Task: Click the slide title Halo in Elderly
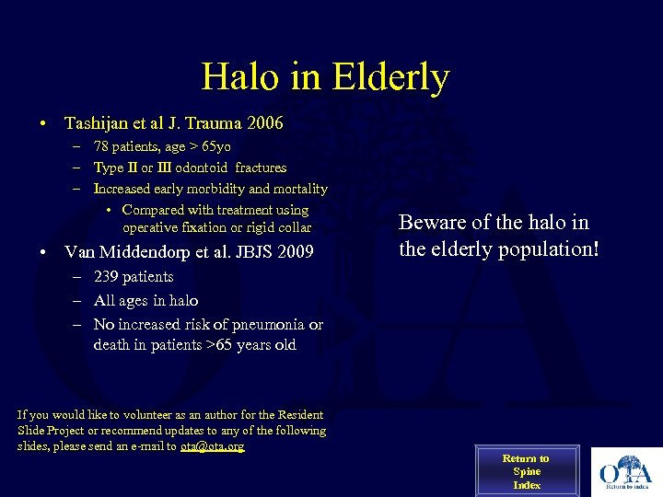325,76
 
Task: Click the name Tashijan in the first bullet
98,123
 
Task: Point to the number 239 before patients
107,277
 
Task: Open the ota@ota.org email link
212,446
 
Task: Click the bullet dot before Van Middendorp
43,252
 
